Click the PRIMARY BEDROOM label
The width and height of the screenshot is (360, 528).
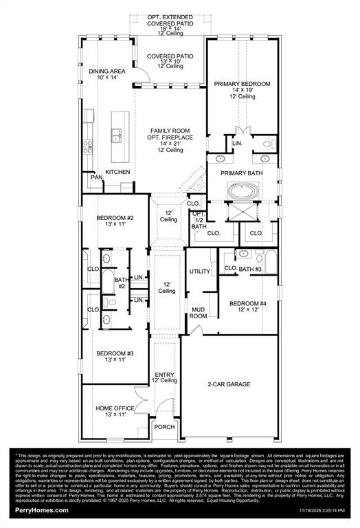242,84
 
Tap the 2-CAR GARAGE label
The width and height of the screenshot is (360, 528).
229,384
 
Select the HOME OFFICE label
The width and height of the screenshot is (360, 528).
115,408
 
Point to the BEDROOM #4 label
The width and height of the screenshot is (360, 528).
247,303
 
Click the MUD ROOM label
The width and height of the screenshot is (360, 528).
199,313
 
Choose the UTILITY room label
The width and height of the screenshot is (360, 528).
199,272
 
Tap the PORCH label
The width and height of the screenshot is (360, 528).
164,426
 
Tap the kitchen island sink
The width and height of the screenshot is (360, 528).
117,135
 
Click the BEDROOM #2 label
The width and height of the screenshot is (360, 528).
115,218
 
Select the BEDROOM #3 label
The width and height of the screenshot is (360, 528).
115,353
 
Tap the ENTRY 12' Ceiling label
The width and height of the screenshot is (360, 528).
165,377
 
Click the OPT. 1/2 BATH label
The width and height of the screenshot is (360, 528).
199,220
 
